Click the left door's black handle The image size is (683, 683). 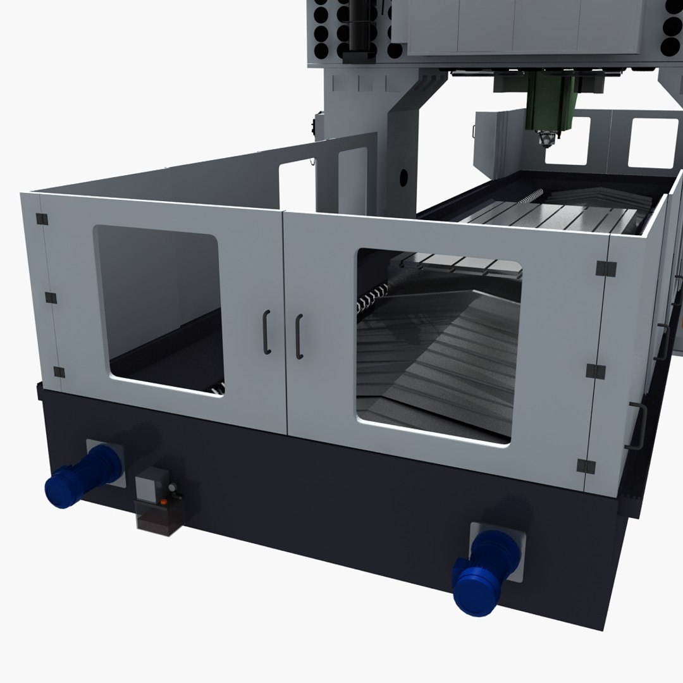click(x=268, y=332)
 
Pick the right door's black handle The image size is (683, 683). click(x=299, y=336)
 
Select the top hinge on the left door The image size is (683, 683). click(x=42, y=219)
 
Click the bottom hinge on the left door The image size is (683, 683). click(x=59, y=372)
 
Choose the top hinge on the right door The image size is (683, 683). click(x=605, y=268)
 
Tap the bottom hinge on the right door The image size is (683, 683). click(x=586, y=467)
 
